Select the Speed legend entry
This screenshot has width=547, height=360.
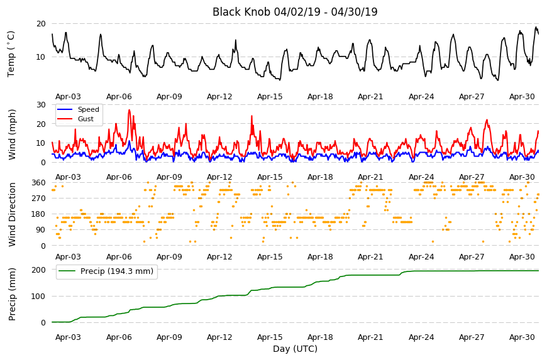tap(78, 109)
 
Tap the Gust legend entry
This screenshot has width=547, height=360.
tap(75, 119)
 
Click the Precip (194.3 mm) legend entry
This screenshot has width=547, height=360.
tap(106, 271)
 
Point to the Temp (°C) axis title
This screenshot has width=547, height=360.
tap(11, 54)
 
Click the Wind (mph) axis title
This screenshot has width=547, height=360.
tap(12, 134)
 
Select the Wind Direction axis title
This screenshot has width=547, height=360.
tap(12, 214)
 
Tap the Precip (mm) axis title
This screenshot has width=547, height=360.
tap(12, 294)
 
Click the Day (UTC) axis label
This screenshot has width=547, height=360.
tap(295, 349)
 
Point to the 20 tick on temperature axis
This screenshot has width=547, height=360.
tap(41, 24)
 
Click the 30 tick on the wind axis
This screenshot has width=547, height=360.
tap(41, 104)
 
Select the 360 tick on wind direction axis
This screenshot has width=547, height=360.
tap(39, 183)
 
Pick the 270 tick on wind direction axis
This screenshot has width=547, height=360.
tap(39, 199)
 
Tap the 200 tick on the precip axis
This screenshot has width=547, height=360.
tap(39, 270)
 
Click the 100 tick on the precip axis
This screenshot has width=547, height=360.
tap(39, 296)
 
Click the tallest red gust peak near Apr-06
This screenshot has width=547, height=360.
tap(130, 110)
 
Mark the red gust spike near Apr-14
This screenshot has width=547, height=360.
tap(251, 116)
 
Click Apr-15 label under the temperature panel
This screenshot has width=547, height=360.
tap(270, 97)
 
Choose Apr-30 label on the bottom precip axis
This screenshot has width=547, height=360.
tap(522, 337)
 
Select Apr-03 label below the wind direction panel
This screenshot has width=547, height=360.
tap(68, 257)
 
